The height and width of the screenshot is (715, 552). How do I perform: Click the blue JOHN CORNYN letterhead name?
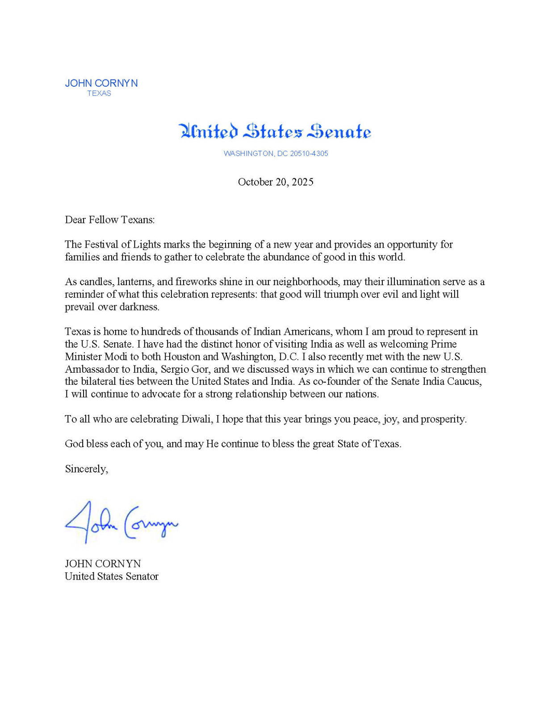[x=101, y=83]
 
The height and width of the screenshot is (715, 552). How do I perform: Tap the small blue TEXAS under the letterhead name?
[x=99, y=93]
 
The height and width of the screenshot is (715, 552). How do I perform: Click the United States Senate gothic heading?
[x=275, y=131]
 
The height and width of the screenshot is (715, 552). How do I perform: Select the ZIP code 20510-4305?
[x=309, y=153]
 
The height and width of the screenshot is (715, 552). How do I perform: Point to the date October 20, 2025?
[x=276, y=182]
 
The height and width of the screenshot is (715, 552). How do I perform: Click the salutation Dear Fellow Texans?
[x=109, y=219]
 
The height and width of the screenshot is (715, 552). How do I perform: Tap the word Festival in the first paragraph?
[x=101, y=244]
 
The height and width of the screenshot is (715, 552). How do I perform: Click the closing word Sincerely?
[x=86, y=469]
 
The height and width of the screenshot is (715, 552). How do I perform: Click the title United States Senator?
[x=112, y=576]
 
